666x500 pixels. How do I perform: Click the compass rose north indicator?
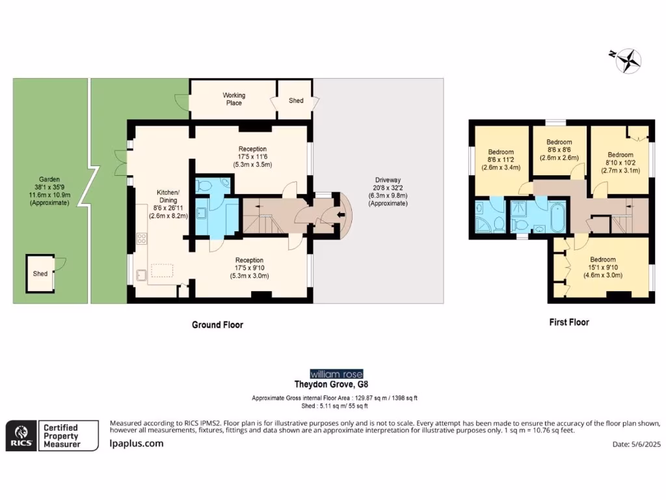(x=628, y=61)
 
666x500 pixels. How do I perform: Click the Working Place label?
(x=233, y=99)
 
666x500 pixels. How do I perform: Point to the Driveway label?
(x=388, y=191)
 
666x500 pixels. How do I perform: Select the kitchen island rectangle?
(x=163, y=270)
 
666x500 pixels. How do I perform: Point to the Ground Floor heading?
(x=217, y=324)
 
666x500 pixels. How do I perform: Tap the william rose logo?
(x=332, y=374)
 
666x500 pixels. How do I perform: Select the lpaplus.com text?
(x=136, y=443)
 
